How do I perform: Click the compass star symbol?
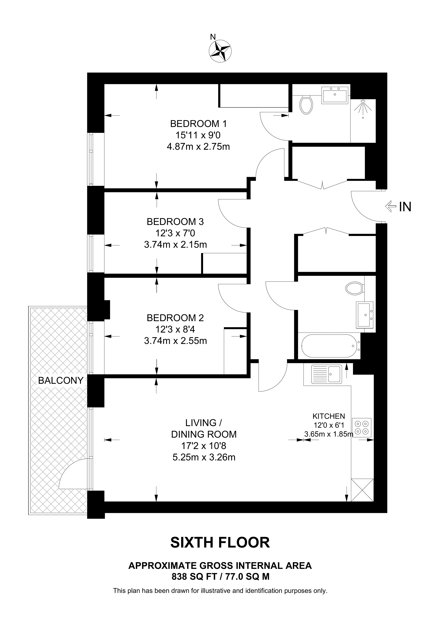[x=220, y=51]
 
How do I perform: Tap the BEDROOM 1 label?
[x=198, y=124]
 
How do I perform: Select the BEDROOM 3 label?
[x=175, y=222]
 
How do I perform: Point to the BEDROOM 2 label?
[x=175, y=318]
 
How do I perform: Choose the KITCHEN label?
[x=329, y=416]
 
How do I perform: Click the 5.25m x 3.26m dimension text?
[x=204, y=457]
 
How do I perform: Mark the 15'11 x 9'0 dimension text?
[x=198, y=135]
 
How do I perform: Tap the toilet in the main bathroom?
[x=355, y=288]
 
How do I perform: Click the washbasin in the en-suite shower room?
[x=335, y=95]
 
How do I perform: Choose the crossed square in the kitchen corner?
[x=362, y=490]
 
